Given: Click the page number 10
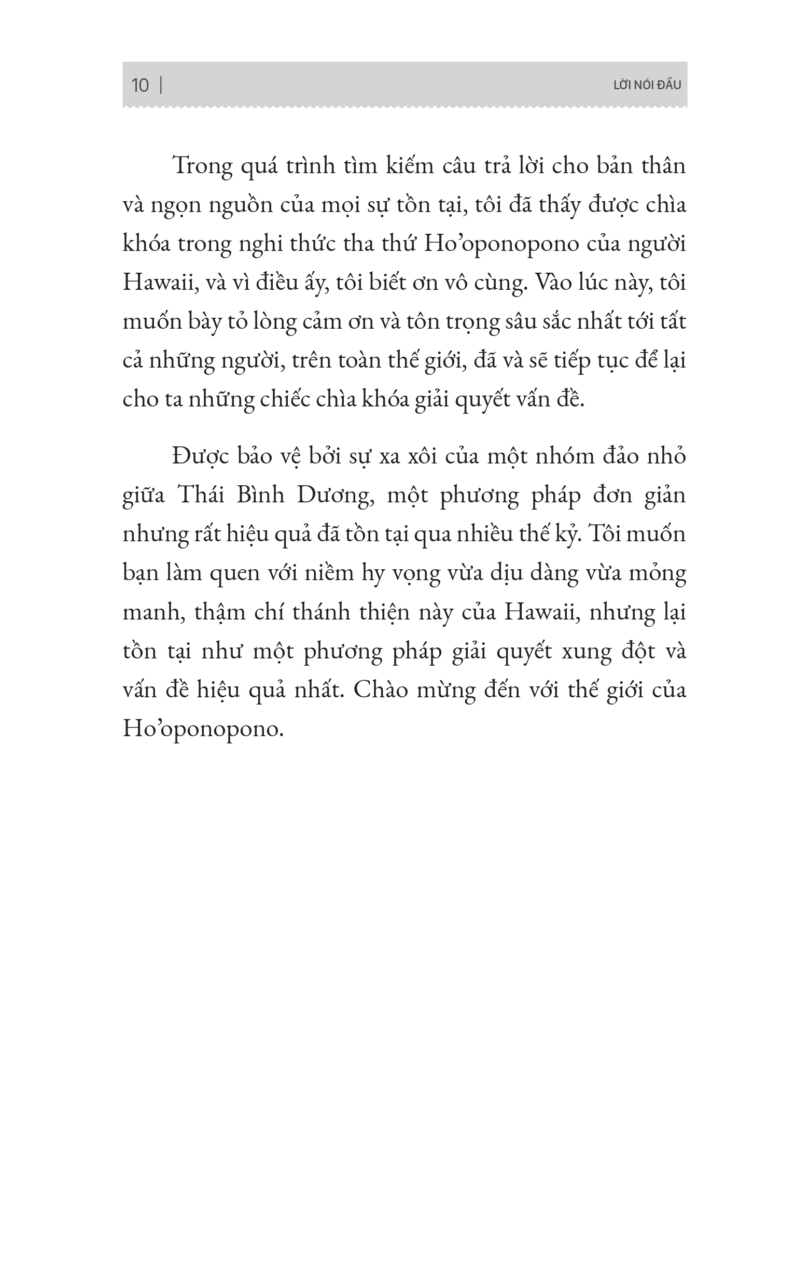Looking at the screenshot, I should tap(140, 85).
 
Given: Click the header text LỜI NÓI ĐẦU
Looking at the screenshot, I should tap(647, 85).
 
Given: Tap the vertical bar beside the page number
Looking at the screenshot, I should tap(161, 85).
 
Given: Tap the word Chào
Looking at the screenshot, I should tap(380, 690).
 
